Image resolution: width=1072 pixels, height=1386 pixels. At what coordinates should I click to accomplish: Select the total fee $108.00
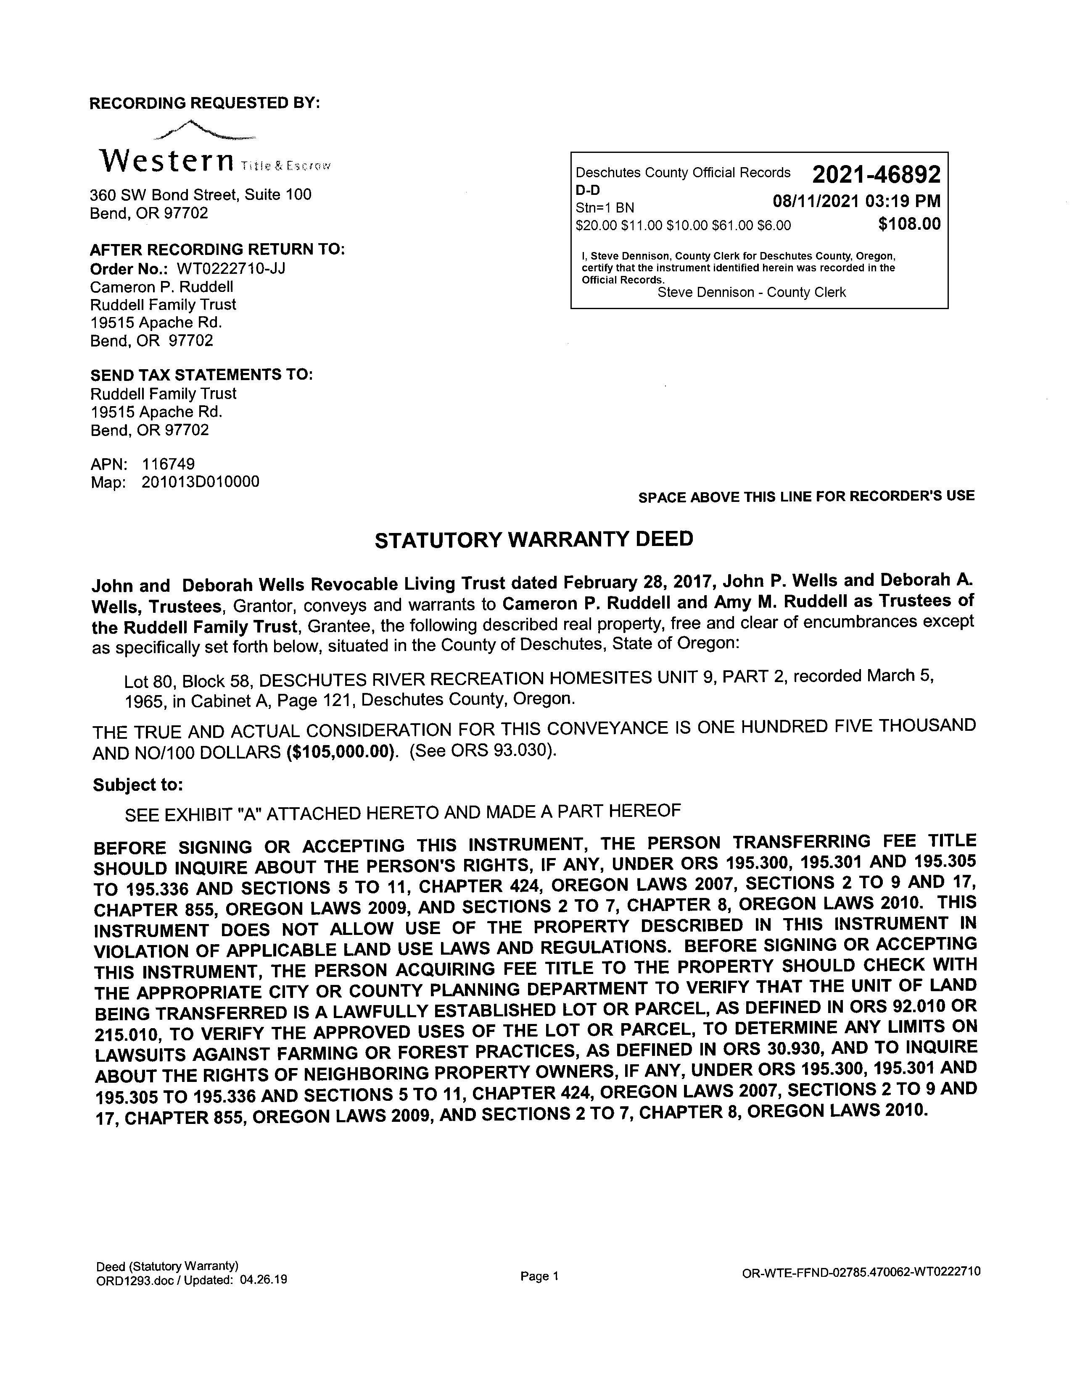click(909, 224)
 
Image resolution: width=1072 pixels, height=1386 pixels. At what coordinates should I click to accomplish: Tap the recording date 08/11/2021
click(815, 201)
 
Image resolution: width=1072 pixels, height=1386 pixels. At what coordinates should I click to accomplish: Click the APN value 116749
click(168, 464)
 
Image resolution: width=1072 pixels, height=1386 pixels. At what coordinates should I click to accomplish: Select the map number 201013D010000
click(200, 482)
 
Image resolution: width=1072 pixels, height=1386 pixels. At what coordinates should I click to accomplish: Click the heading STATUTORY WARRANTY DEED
click(533, 539)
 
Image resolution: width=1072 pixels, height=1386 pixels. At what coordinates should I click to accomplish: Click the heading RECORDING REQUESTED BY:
click(204, 103)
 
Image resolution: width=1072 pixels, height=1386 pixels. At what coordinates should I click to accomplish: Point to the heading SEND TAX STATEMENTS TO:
click(201, 375)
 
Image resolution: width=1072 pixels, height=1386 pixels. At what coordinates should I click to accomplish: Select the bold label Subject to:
click(138, 785)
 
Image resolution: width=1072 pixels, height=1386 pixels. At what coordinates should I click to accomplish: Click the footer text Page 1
click(539, 1276)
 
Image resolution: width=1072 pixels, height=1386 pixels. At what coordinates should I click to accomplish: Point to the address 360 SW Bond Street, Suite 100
click(201, 195)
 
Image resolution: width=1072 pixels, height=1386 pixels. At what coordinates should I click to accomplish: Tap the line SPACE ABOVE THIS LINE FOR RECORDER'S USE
click(806, 496)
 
